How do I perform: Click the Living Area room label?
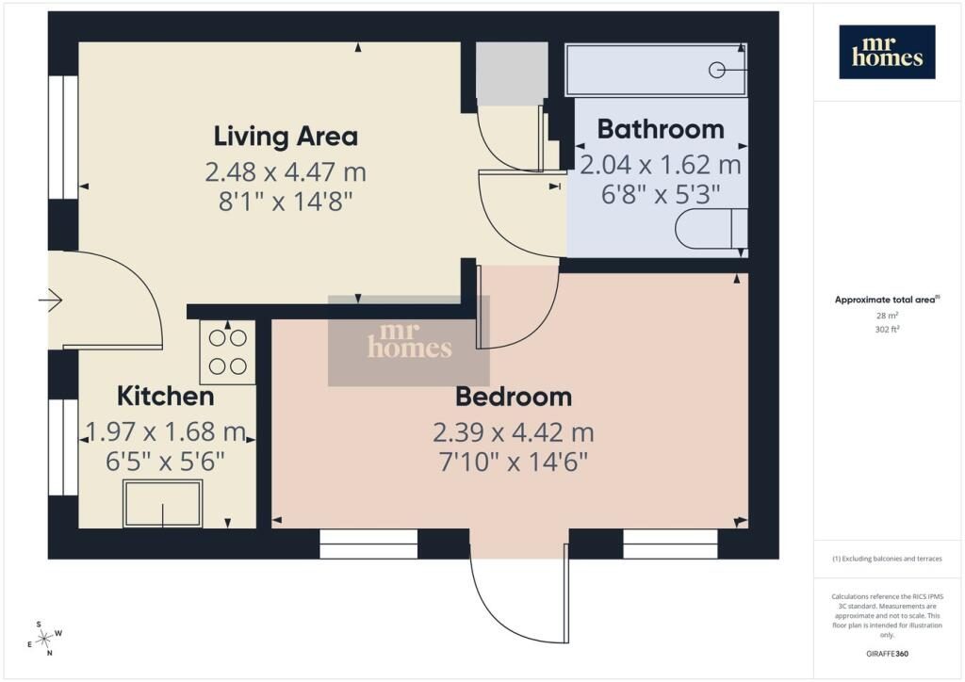[286, 137]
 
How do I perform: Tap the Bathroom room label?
[661, 129]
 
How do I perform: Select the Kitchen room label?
[166, 396]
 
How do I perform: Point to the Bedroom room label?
[514, 398]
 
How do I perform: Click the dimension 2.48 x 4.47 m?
[286, 171]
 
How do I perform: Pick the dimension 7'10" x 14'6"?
[514, 462]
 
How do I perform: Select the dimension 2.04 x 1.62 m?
[661, 165]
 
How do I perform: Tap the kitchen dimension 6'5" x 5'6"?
[166, 461]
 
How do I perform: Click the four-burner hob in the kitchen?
[228, 352]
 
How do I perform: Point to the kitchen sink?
[162, 504]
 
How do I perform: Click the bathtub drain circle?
[716, 70]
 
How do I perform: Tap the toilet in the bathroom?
[711, 229]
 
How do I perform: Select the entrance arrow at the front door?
[51, 300]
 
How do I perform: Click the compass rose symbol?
[45, 639]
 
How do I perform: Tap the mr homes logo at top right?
[887, 52]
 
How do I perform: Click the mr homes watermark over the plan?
[409, 341]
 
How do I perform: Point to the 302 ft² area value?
[887, 329]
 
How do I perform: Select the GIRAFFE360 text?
[887, 654]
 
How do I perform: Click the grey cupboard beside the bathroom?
[512, 73]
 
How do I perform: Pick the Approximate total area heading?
[887, 300]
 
